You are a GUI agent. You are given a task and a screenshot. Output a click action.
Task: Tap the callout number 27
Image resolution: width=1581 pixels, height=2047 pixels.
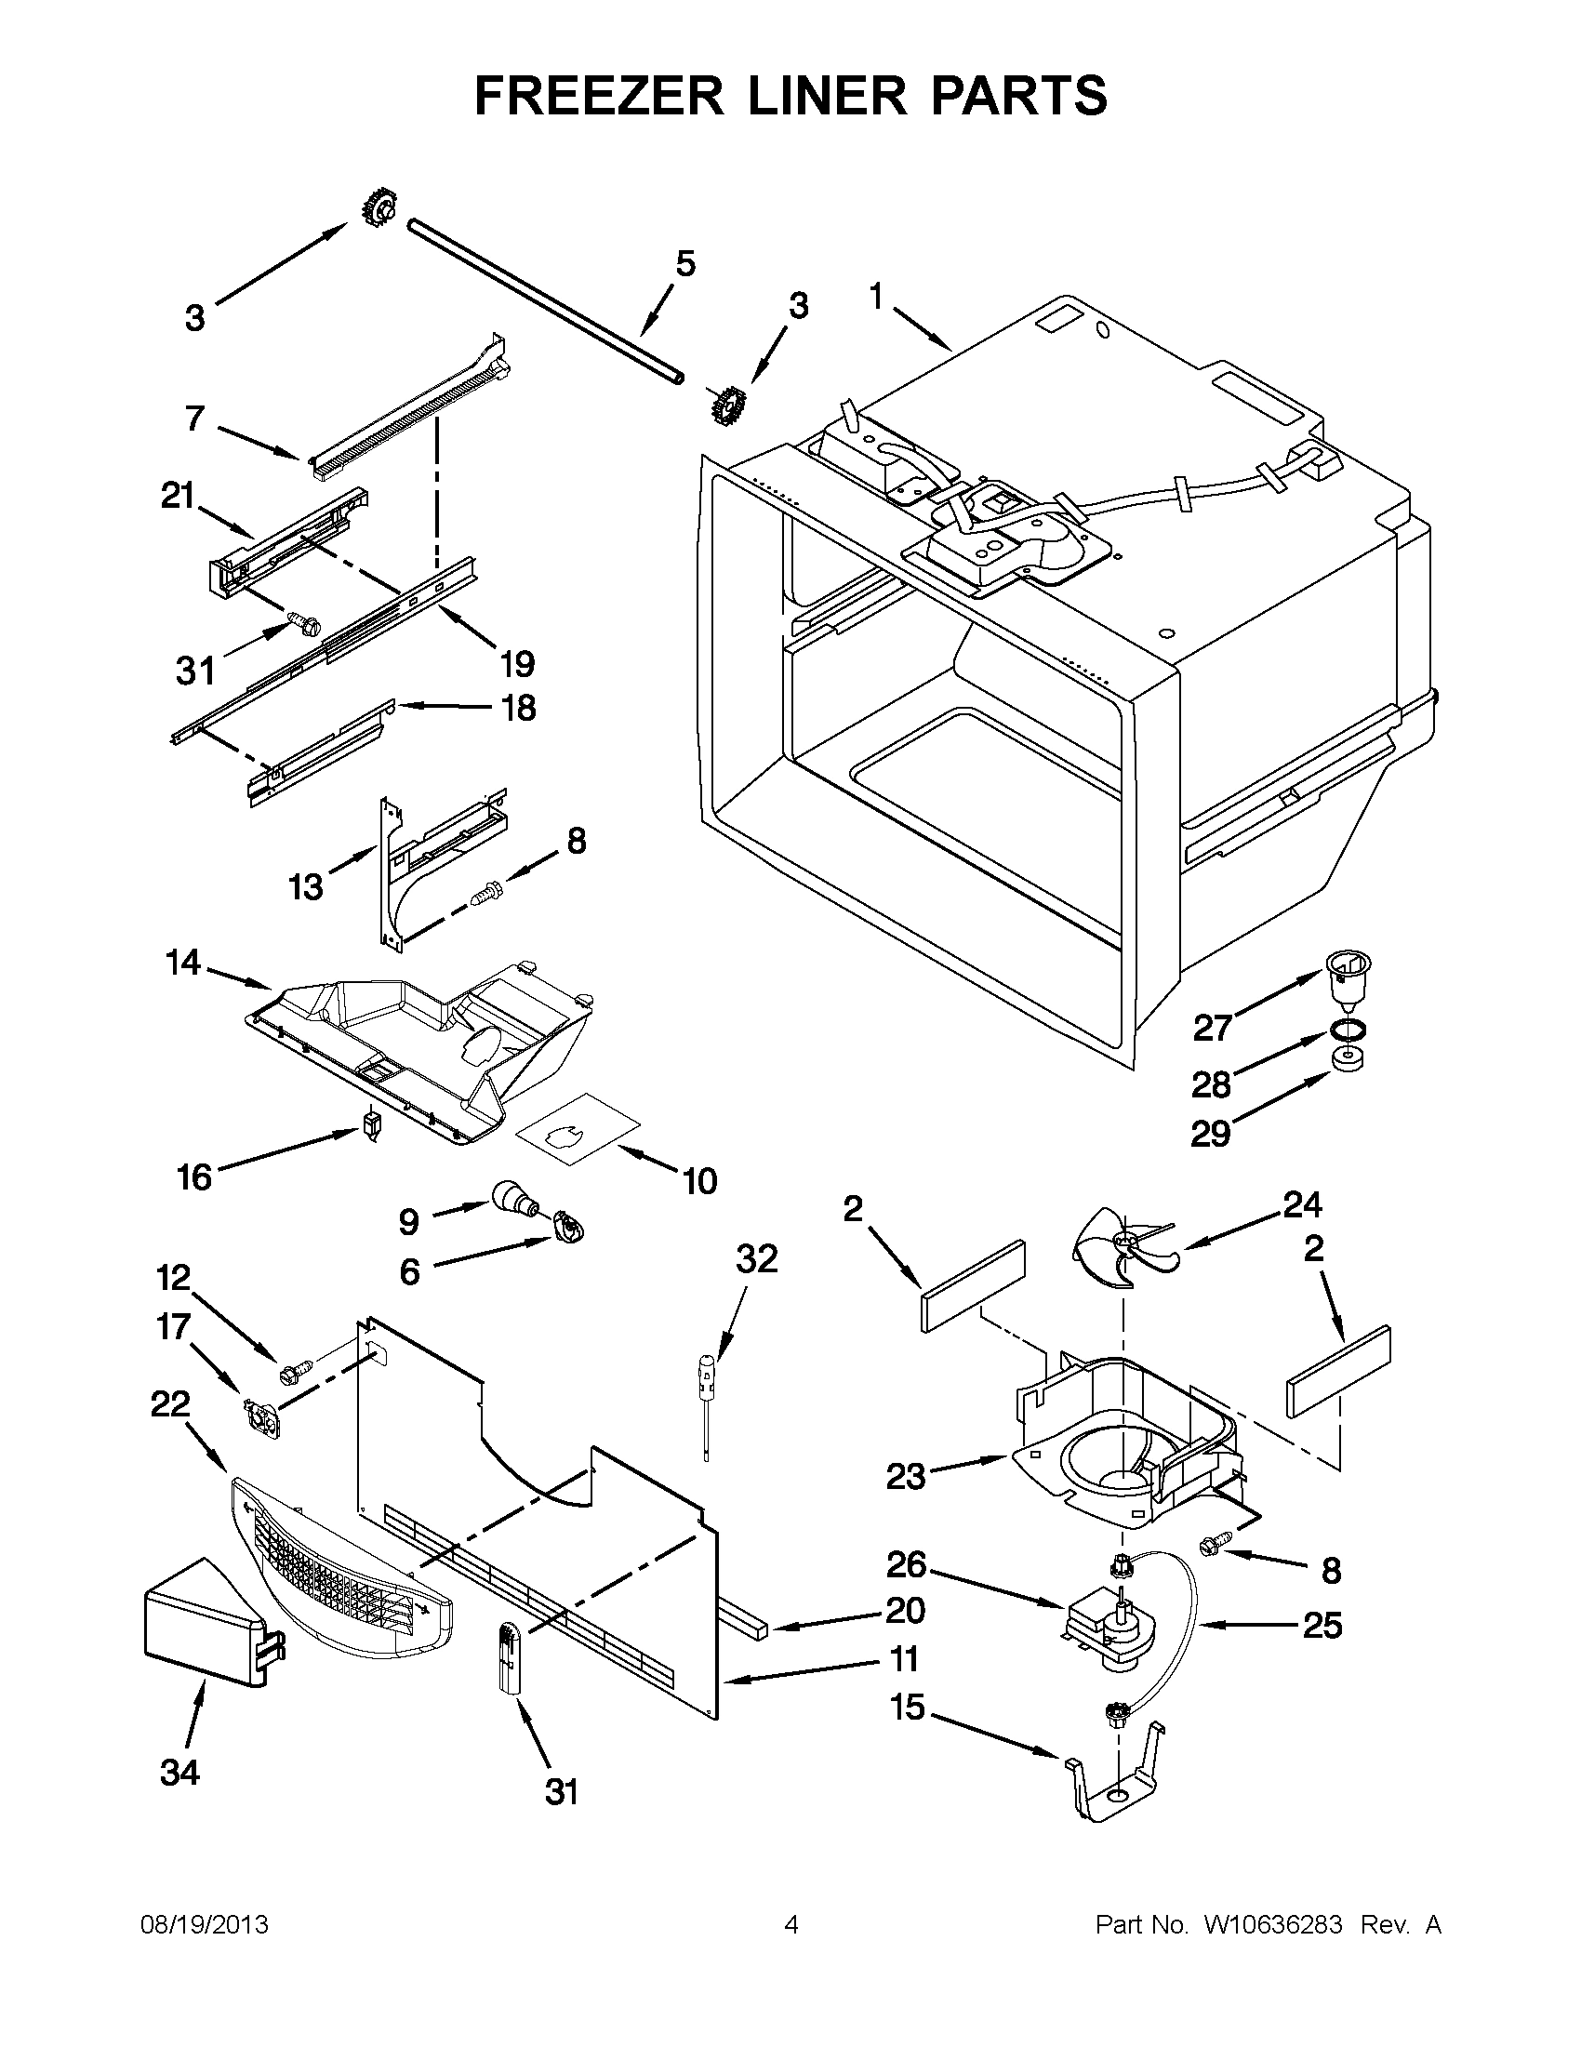pos(1212,1029)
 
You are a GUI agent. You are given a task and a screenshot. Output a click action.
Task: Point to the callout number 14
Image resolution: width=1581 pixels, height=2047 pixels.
pos(184,962)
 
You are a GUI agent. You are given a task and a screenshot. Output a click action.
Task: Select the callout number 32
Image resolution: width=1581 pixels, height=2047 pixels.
pos(756,1258)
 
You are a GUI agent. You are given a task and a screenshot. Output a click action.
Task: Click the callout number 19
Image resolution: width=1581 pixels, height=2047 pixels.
pos(516,664)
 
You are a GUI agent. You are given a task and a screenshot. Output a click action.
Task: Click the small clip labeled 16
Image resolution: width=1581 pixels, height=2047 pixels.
pos(372,1123)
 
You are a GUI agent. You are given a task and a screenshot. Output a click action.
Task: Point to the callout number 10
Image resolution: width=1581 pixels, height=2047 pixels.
pos(699,1181)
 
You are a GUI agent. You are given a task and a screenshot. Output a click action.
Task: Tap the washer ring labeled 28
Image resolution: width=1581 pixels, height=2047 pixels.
pos(1347,1030)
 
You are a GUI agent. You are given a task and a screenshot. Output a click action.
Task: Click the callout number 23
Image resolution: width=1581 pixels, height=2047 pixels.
pos(905,1476)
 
